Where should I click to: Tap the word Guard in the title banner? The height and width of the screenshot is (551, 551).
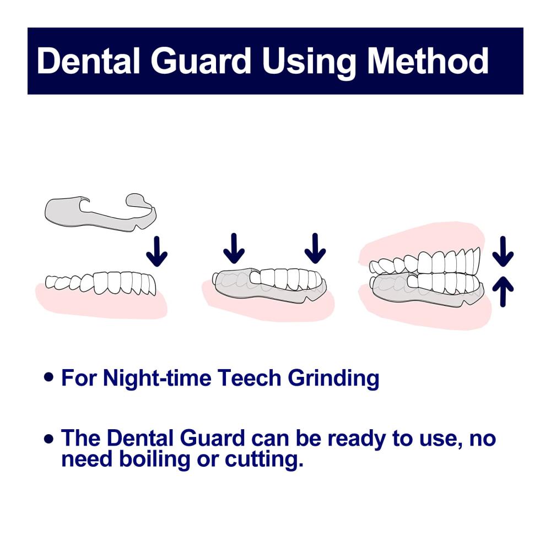tap(201, 61)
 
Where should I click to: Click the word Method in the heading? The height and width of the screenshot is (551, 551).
tap(428, 61)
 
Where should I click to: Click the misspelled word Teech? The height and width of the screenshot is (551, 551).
tap(249, 378)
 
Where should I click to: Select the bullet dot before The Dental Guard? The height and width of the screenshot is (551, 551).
tap(49, 439)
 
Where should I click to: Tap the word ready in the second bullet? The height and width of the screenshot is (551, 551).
tap(356, 439)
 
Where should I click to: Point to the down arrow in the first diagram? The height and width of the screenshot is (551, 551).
tap(156, 251)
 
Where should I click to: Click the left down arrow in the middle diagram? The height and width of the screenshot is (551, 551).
tap(234, 249)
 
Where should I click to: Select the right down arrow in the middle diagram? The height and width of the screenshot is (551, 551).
tap(315, 249)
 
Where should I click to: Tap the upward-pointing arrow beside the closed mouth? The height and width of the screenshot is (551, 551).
tap(503, 291)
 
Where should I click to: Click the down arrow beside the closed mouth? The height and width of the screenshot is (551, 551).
tap(503, 251)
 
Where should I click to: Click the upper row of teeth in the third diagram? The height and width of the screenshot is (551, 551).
tap(425, 262)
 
